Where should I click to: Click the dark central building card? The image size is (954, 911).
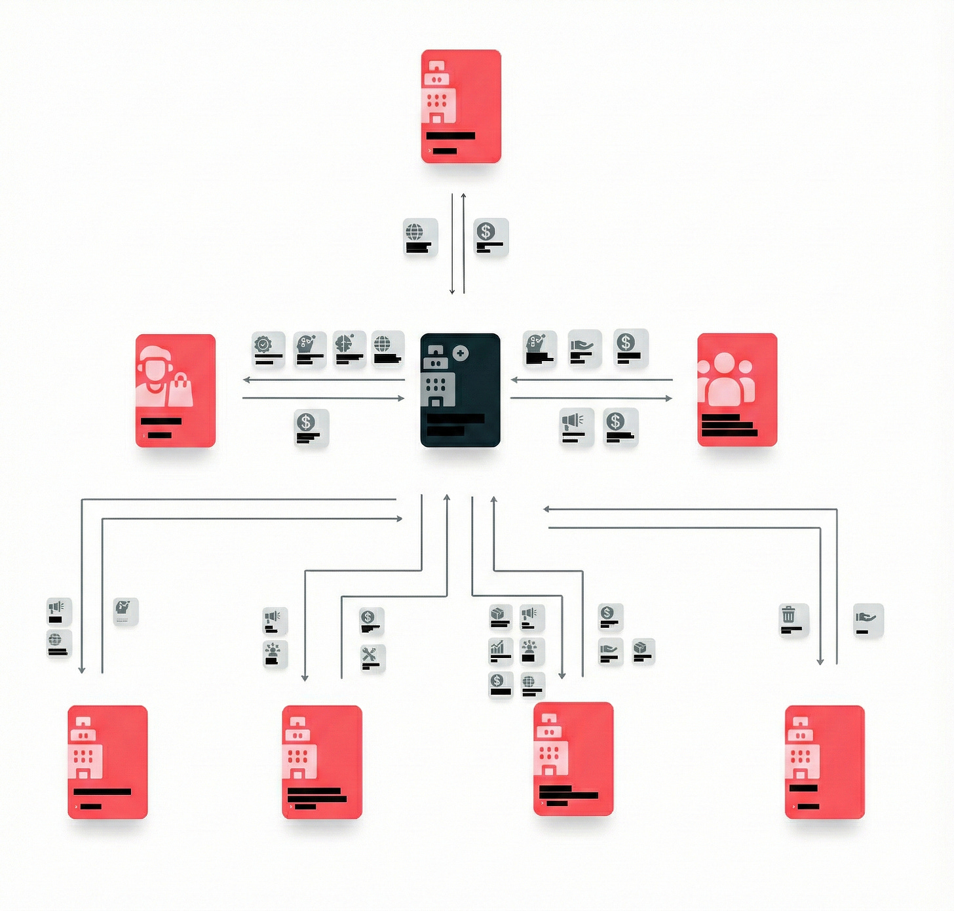[460, 391]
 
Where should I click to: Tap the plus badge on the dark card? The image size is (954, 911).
[461, 353]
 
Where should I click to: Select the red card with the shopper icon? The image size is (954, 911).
[176, 391]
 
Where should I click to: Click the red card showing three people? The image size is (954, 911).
[737, 390]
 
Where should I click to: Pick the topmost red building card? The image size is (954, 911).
[461, 106]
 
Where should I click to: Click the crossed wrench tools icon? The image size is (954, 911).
[369, 654]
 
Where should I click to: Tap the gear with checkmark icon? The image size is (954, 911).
[263, 344]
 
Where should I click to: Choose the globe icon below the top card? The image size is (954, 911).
[414, 232]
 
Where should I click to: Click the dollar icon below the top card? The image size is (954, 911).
[486, 231]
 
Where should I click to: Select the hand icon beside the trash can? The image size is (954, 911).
[866, 617]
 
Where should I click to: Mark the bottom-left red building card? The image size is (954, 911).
[107, 762]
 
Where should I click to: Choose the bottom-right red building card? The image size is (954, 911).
[824, 762]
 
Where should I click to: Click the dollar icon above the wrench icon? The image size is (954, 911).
[368, 617]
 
